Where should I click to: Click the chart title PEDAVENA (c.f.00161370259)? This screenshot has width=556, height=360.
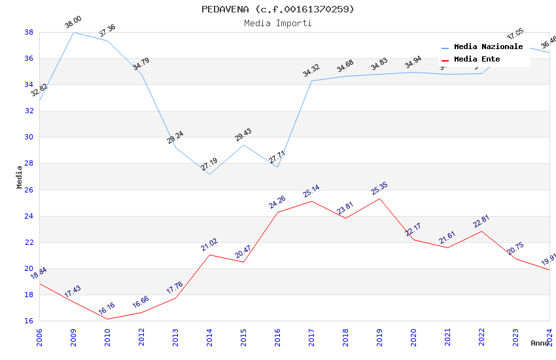click(x=277, y=9)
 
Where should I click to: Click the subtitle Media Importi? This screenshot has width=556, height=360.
click(x=277, y=23)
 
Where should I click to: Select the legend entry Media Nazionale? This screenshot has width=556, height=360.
click(x=488, y=47)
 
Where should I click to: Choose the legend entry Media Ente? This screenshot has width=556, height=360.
click(x=477, y=60)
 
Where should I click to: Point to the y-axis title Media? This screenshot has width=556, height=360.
click(x=19, y=177)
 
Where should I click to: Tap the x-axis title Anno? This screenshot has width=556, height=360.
click(x=540, y=343)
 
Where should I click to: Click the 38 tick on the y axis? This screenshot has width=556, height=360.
click(x=29, y=32)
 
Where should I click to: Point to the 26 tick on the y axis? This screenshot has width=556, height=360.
click(x=29, y=190)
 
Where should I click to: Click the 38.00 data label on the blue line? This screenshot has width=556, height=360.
click(x=73, y=24)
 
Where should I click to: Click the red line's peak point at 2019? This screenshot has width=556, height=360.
click(x=379, y=198)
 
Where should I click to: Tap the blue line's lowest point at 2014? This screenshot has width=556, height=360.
click(x=209, y=174)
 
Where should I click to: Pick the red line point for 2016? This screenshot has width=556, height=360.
click(x=277, y=212)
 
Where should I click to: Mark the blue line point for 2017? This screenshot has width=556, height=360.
click(x=311, y=81)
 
